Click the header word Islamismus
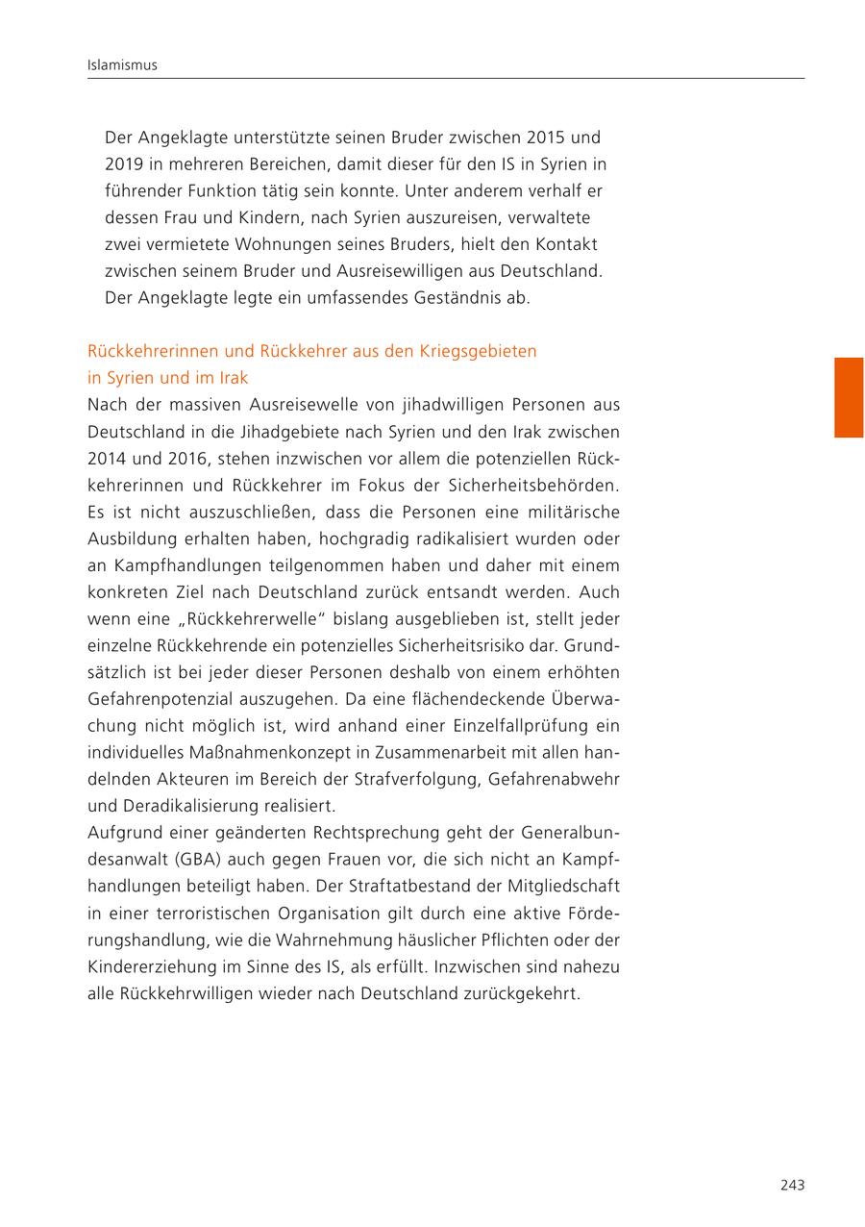click(x=122, y=65)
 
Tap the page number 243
click(x=791, y=1185)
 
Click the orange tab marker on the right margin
click(x=848, y=397)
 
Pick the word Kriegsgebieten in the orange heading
click(x=478, y=351)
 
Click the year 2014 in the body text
click(x=106, y=459)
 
